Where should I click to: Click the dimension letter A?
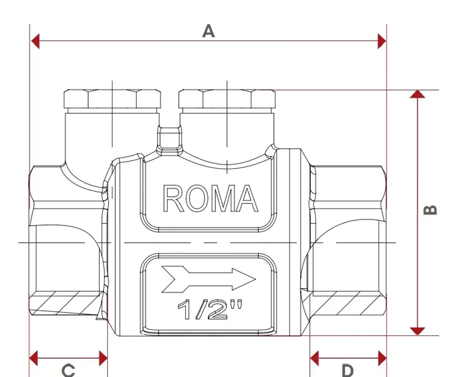tap(209, 31)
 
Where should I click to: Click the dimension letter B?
tap(430, 210)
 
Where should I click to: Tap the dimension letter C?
tap(69, 371)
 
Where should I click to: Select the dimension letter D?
tap(348, 371)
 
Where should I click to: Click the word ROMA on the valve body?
tap(210, 199)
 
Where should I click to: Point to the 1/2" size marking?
tap(210, 310)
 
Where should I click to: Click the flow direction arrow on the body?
tap(209, 279)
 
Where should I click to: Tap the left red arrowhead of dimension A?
tap(35, 41)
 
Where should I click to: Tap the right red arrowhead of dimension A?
tap(382, 41)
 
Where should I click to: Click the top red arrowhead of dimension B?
tap(417, 95)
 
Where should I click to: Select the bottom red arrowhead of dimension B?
tap(417, 331)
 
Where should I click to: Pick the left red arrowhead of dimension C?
tap(34, 358)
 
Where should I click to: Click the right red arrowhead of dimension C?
tap(103, 358)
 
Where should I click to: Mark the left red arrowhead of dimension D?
tap(315, 358)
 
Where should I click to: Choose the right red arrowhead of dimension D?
tap(382, 358)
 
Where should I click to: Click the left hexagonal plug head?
tap(112, 99)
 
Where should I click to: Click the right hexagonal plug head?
tap(227, 99)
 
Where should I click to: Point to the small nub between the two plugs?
tap(170, 140)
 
